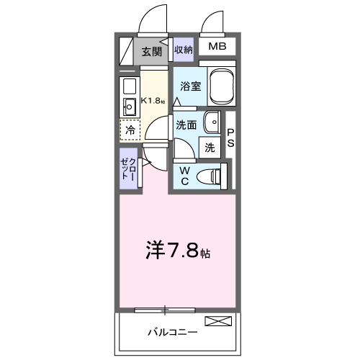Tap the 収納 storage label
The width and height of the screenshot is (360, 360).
click(x=184, y=50)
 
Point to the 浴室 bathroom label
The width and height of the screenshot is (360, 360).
click(x=190, y=86)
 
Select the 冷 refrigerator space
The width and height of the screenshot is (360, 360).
click(x=130, y=130)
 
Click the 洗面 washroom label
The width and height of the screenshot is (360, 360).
click(x=187, y=124)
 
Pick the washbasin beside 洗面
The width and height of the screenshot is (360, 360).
click(x=213, y=123)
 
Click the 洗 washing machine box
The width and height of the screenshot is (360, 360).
click(x=210, y=148)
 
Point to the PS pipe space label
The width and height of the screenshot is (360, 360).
click(x=231, y=138)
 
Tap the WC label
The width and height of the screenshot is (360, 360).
click(x=184, y=176)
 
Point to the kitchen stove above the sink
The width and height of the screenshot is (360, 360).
click(x=130, y=88)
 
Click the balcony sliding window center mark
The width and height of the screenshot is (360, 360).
click(x=165, y=310)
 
